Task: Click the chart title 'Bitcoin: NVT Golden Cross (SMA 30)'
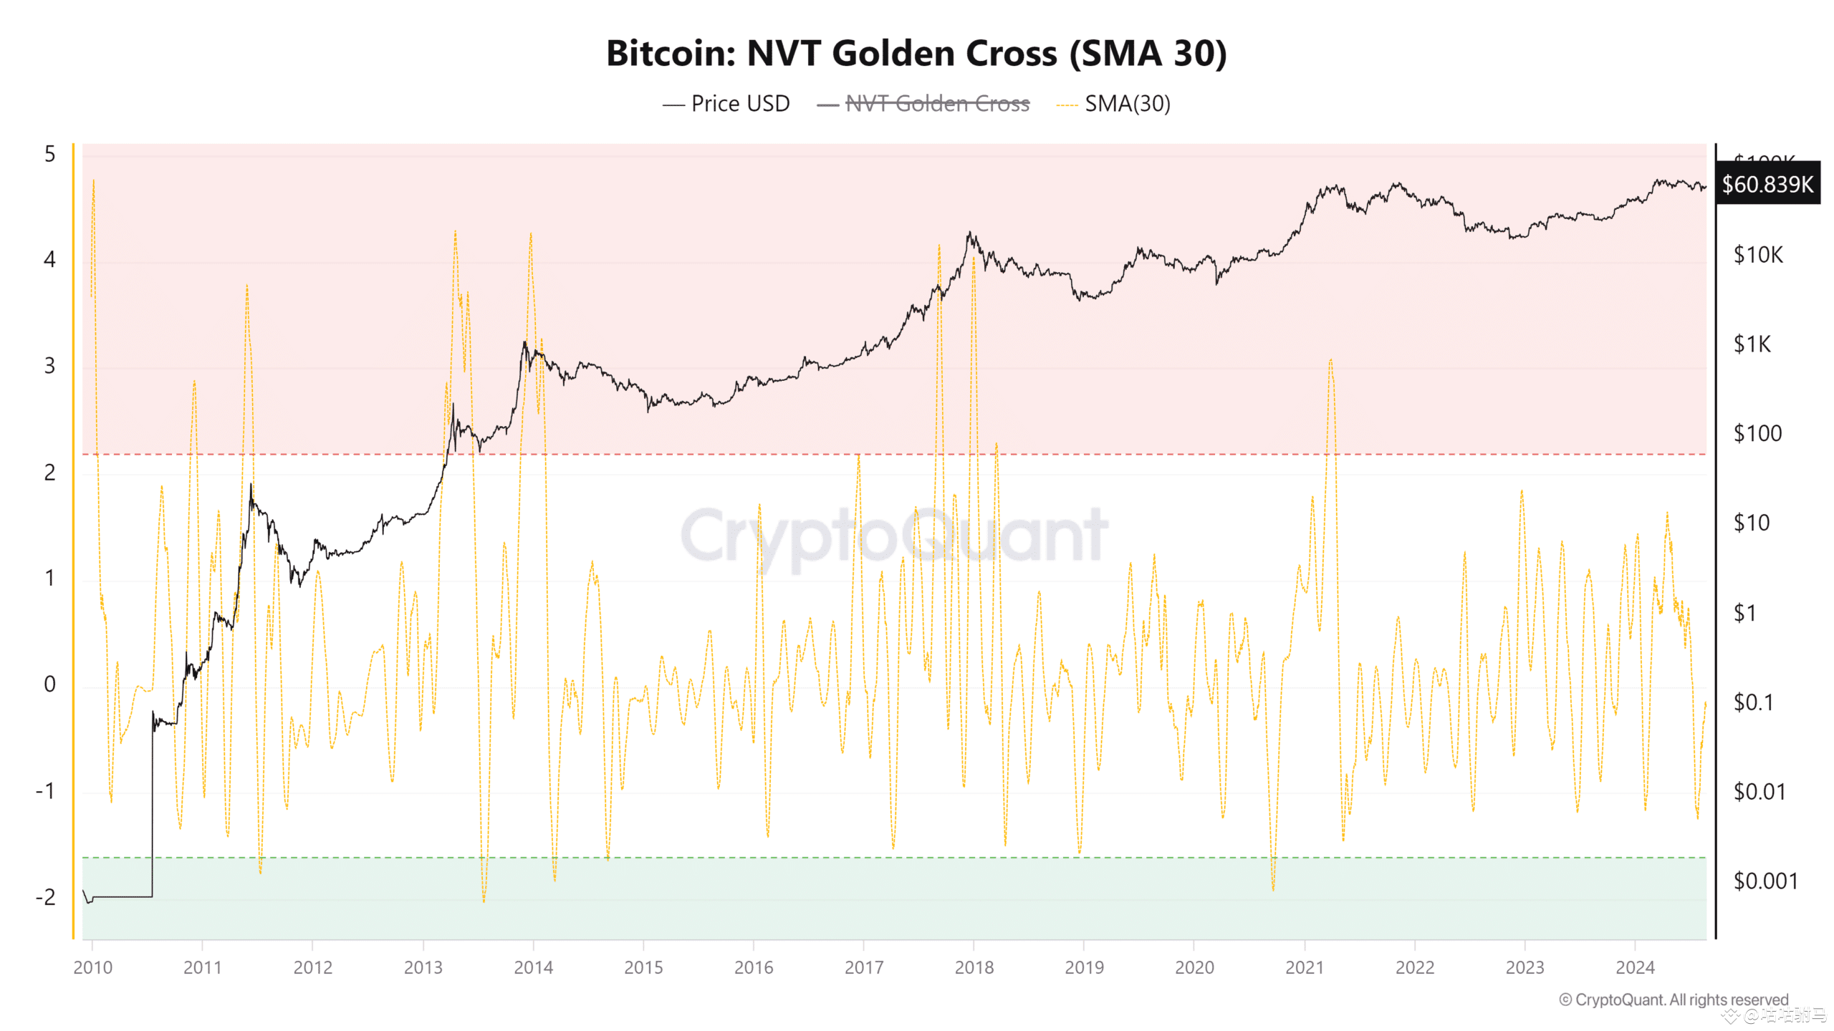916,54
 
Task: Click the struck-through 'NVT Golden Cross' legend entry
937,104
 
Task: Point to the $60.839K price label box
1767,184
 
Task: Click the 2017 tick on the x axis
863,967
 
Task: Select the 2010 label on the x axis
92,967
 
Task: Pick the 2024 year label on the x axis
1635,967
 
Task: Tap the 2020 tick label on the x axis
1194,967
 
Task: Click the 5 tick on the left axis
49,154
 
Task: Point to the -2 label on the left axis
46,897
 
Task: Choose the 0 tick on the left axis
49,684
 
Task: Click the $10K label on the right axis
1758,255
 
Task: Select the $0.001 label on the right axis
1765,881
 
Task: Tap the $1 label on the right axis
1744,613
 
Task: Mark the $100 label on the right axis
1757,433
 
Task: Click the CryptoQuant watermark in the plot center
894,536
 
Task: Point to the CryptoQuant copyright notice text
1674,999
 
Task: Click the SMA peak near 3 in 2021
1330,360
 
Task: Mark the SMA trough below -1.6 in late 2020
1273,889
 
